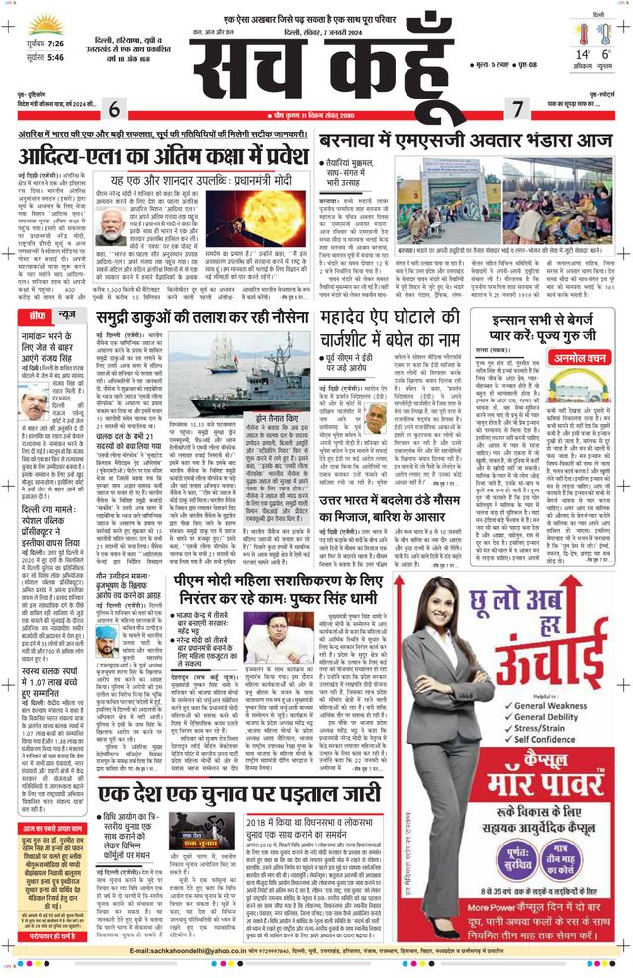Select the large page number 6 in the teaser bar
(114, 110)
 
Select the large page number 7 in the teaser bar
(516, 110)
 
